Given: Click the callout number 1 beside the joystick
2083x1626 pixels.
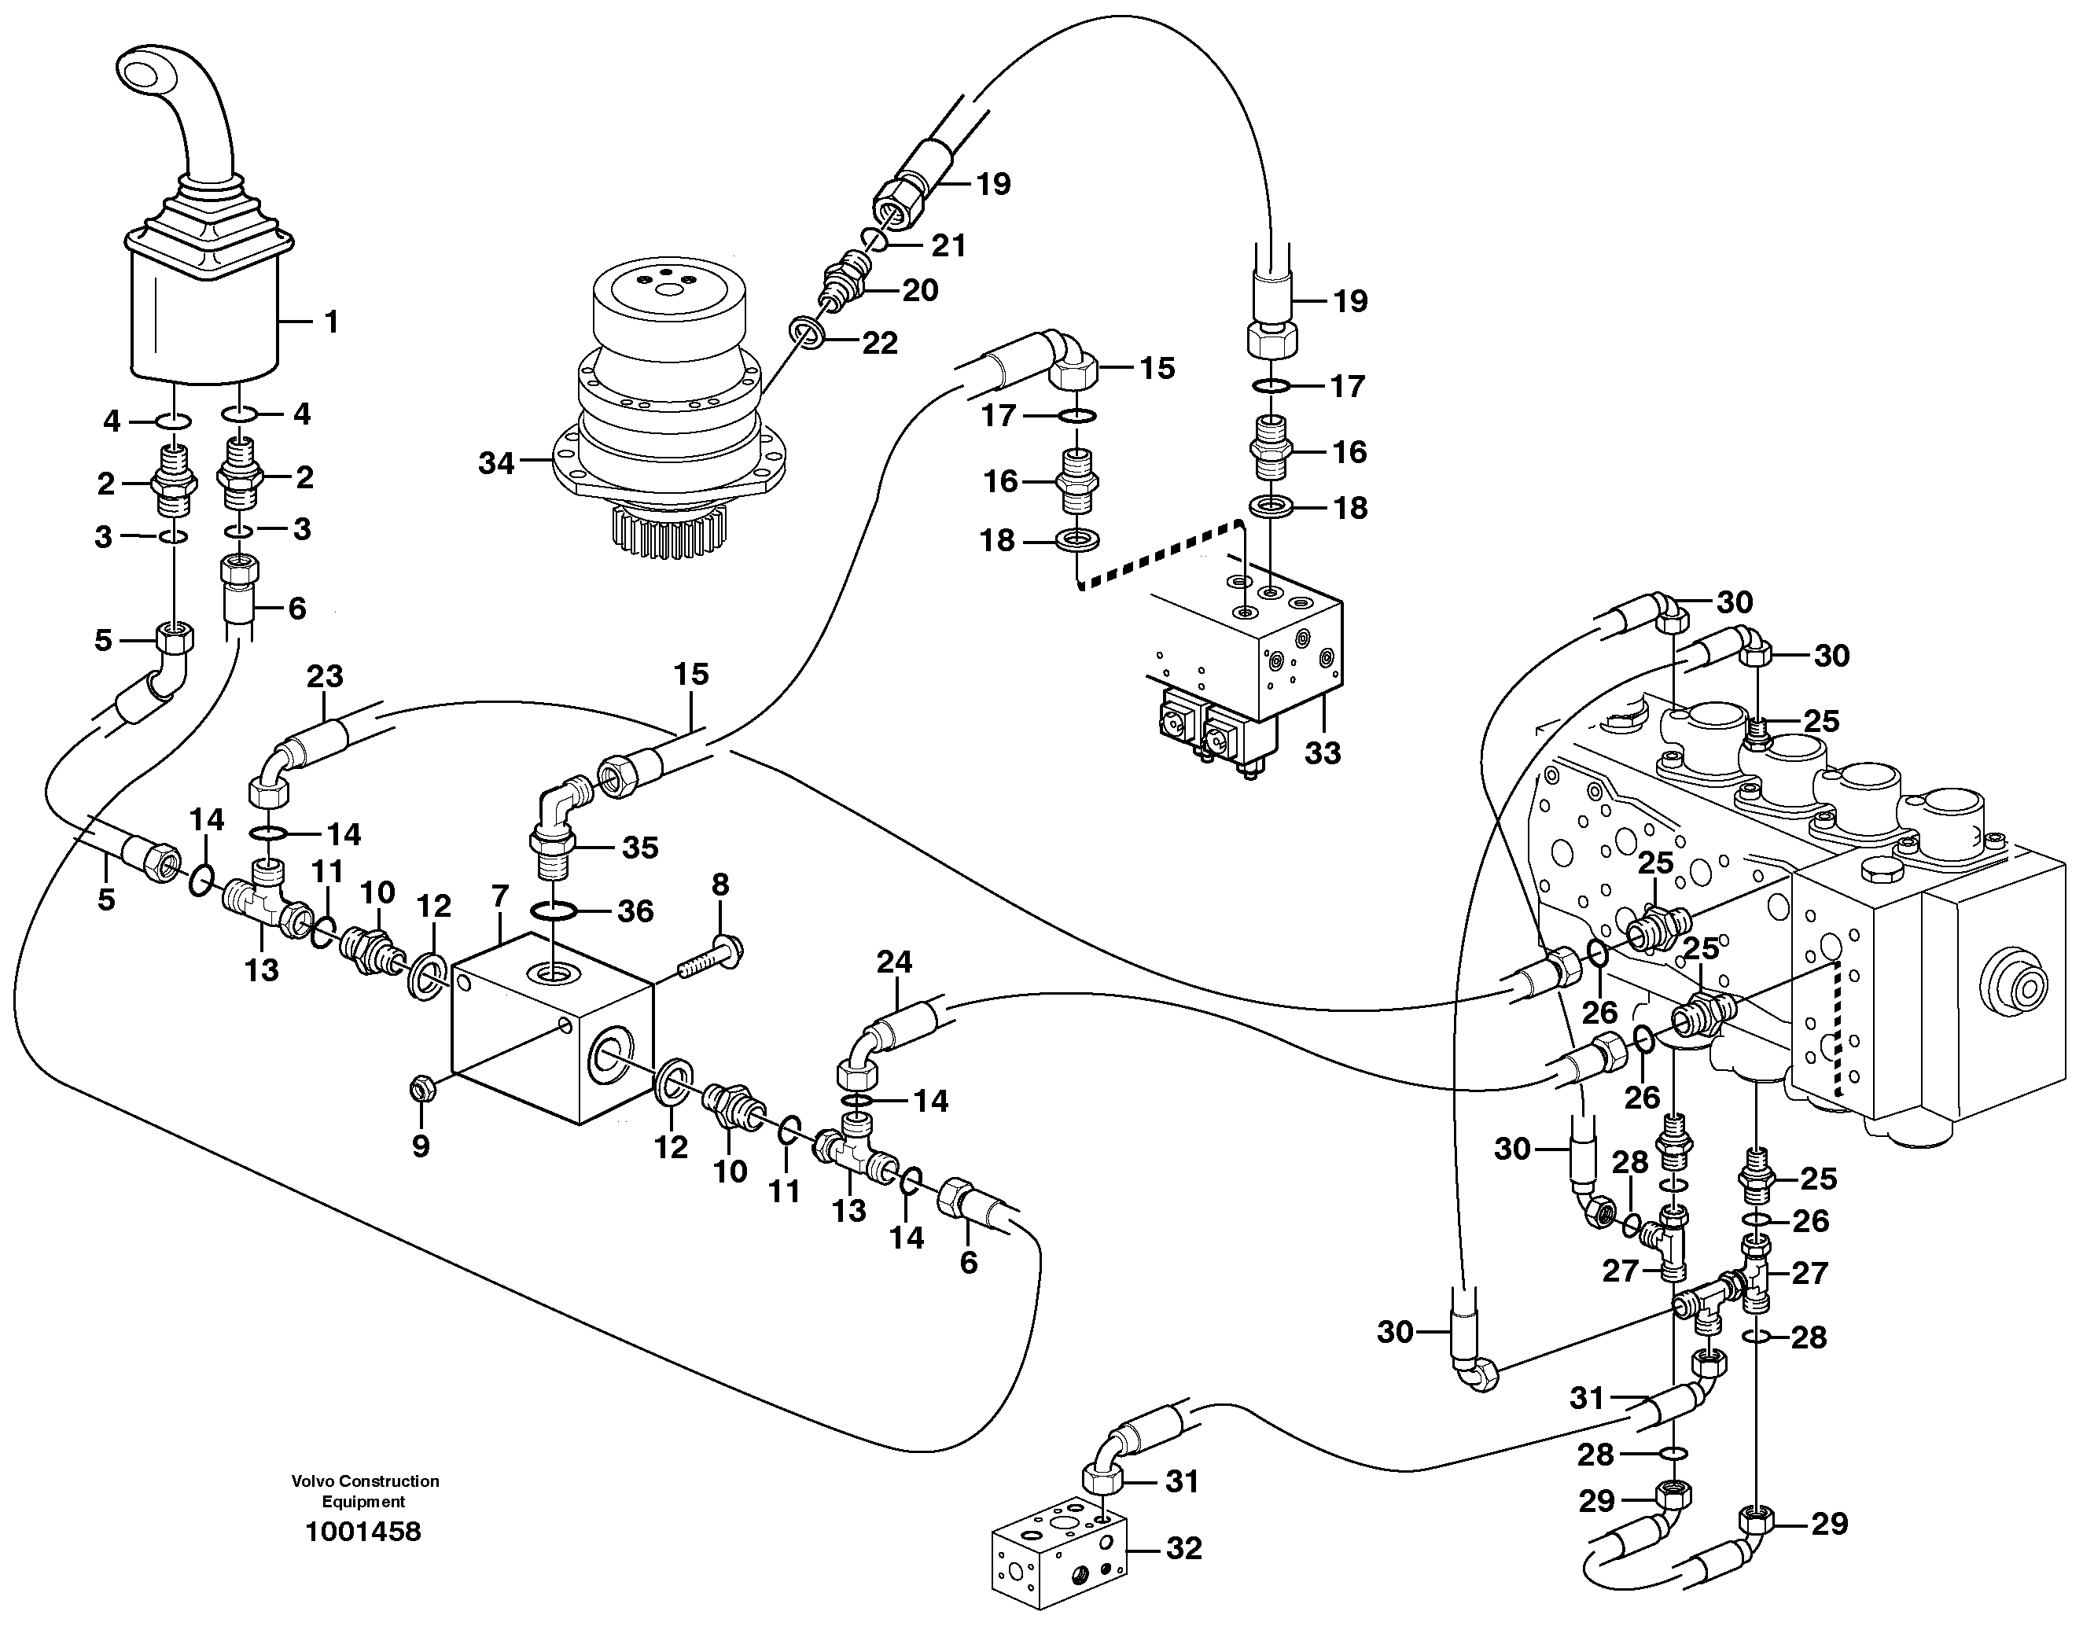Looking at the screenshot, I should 331,322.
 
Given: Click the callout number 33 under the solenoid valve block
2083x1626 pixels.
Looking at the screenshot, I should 1323,753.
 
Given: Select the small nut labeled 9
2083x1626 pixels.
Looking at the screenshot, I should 420,1087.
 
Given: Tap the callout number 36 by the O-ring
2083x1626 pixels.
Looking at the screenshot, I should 635,912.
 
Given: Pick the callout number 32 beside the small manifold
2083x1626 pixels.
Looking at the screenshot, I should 1183,1549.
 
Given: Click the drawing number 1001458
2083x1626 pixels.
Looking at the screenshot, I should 363,1532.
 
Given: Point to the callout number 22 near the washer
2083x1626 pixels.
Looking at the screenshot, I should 878,344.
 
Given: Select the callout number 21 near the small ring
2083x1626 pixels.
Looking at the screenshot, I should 948,246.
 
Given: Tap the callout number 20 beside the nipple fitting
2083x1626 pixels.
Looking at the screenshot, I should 920,290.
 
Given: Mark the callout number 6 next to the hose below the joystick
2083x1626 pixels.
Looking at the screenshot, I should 296,609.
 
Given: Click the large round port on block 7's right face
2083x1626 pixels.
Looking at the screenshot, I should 609,1054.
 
